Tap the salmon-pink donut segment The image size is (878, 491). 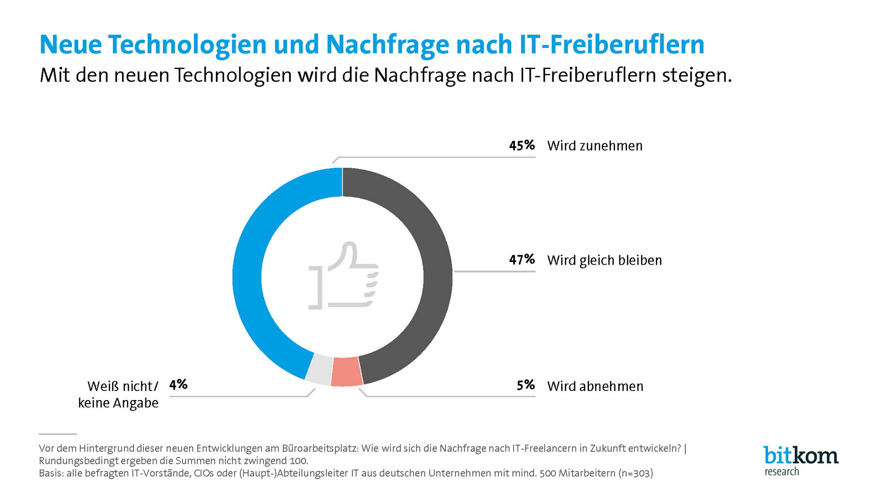point(346,372)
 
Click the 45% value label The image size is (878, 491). point(522,145)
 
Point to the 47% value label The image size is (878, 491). point(522,260)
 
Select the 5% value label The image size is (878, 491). point(525,385)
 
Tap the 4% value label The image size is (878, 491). point(178,384)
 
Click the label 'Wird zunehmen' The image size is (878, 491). point(594,146)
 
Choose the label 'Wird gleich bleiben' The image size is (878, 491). point(604,260)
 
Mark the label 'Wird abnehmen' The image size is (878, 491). point(595,386)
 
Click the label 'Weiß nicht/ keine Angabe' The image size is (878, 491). point(119,395)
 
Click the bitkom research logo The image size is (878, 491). point(800,461)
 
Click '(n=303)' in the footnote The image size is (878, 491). point(636,473)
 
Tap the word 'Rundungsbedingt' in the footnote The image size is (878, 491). point(78,461)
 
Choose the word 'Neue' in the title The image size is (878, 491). point(70,44)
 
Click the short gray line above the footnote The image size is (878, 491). point(58,434)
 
